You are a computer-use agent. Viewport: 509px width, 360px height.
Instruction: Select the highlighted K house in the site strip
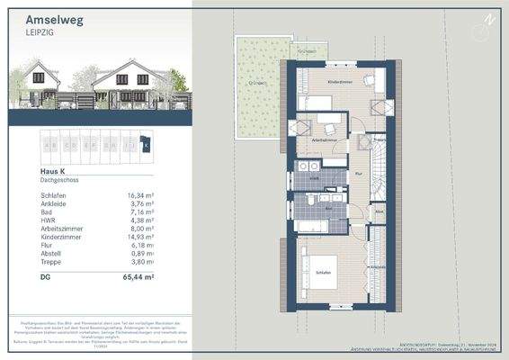pos(147,143)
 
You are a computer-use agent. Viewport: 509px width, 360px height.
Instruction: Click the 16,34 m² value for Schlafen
pos(140,194)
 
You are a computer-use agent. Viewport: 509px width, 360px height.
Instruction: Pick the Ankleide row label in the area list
pos(33,203)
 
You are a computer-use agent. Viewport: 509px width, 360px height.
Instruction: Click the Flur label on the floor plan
pos(359,174)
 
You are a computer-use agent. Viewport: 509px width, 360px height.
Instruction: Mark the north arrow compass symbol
pos(490,19)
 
